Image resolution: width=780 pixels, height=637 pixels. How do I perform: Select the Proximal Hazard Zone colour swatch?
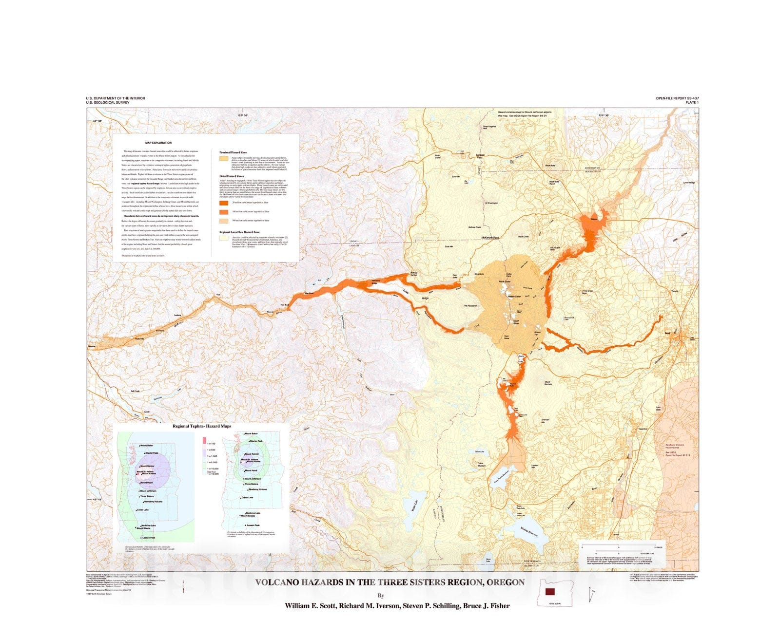tap(224, 158)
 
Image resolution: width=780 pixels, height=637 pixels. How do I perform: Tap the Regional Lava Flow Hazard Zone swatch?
tap(224, 239)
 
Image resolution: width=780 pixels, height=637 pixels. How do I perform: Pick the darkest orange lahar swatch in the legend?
tap(224, 202)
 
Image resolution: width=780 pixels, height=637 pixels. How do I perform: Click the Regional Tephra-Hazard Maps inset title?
tap(202, 426)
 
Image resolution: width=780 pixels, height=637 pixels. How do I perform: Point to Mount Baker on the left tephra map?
tap(146, 445)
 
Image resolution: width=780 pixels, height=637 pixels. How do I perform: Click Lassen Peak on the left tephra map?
tap(147, 538)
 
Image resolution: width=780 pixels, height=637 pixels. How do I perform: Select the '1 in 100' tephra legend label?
tap(211, 444)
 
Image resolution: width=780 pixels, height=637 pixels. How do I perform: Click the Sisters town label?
tap(594, 219)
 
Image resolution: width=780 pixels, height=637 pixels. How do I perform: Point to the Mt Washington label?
tap(491, 203)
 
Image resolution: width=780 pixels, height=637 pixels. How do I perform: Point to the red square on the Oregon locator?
tap(550, 592)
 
